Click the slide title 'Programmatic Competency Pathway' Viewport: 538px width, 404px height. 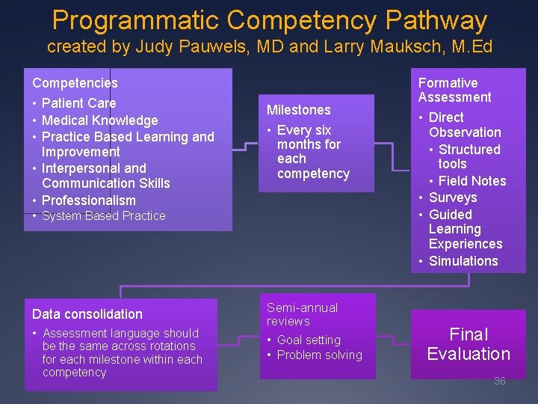click(269, 20)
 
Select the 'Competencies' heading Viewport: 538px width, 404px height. click(75, 83)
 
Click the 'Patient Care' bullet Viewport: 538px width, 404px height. click(78, 103)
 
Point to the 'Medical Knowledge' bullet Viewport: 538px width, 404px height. click(99, 120)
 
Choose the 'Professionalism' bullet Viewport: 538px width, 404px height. click(88, 201)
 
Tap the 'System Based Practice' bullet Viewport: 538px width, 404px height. click(103, 216)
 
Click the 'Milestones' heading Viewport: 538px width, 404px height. click(298, 110)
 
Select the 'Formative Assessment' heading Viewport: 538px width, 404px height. click(454, 90)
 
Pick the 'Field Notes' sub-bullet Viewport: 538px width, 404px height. click(471, 181)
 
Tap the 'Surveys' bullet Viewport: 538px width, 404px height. click(452, 198)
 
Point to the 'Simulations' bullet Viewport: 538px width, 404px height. click(463, 261)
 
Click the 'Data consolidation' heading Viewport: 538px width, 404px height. click(87, 314)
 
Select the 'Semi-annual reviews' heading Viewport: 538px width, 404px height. click(302, 314)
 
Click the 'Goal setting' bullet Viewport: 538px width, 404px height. click(308, 340)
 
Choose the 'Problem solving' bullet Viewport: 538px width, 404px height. click(319, 355)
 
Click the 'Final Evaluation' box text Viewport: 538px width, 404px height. click(469, 344)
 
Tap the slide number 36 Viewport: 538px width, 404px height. click(499, 381)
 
